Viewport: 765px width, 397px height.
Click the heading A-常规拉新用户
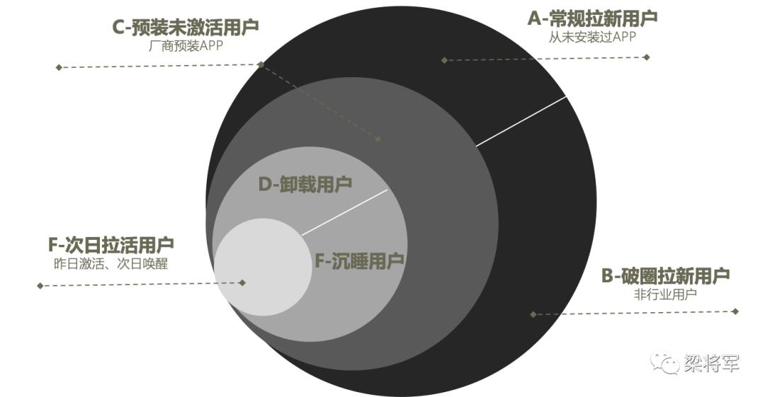pyautogui.click(x=592, y=18)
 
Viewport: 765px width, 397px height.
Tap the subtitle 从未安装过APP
pyautogui.click(x=592, y=37)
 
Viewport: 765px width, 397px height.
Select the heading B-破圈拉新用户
pyautogui.click(x=665, y=275)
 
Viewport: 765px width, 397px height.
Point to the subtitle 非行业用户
pyautogui.click(x=665, y=294)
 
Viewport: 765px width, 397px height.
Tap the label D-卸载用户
pyautogui.click(x=305, y=185)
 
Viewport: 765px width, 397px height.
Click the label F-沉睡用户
pyautogui.click(x=359, y=261)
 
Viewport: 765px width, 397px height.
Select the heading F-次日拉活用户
pyautogui.click(x=110, y=246)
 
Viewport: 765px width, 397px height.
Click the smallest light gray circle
pyautogui.click(x=263, y=267)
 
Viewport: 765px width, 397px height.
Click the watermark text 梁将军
pyautogui.click(x=712, y=364)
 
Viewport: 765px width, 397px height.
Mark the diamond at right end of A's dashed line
pyautogui.click(x=647, y=57)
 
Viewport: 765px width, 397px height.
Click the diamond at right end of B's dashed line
pyautogui.click(x=735, y=311)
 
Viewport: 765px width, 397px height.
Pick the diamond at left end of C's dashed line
pyautogui.click(x=59, y=67)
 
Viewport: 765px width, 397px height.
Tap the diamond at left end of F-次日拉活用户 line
pyautogui.click(x=40, y=286)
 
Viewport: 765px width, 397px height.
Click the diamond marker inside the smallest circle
pyautogui.click(x=242, y=282)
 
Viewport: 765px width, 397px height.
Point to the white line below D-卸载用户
pyautogui.click(x=344, y=212)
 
